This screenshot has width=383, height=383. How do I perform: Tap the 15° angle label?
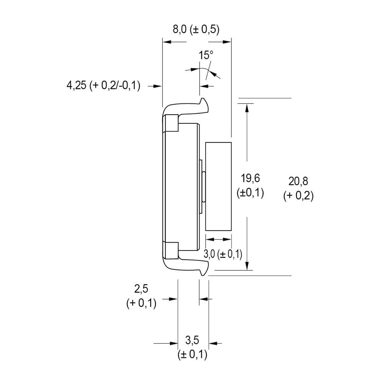click(x=206, y=55)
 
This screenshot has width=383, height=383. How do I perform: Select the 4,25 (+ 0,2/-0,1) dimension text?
click(x=103, y=86)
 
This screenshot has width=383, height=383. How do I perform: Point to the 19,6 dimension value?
click(x=250, y=178)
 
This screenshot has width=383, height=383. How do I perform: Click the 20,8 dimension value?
click(x=298, y=181)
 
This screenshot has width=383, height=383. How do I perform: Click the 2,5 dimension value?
click(x=141, y=288)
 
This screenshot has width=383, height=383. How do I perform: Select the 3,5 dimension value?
click(x=192, y=340)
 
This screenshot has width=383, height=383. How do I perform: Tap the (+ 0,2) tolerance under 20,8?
click(x=298, y=196)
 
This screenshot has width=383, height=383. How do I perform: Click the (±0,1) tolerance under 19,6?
click(x=250, y=193)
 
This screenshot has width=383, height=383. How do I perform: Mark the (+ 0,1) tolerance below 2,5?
click(x=141, y=304)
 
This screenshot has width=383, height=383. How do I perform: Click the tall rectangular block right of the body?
click(x=218, y=186)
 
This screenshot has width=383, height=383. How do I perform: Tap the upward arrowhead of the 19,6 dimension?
click(x=247, y=107)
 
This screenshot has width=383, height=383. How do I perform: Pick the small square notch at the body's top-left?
click(x=171, y=123)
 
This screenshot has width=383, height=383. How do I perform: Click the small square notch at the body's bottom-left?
click(x=171, y=250)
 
